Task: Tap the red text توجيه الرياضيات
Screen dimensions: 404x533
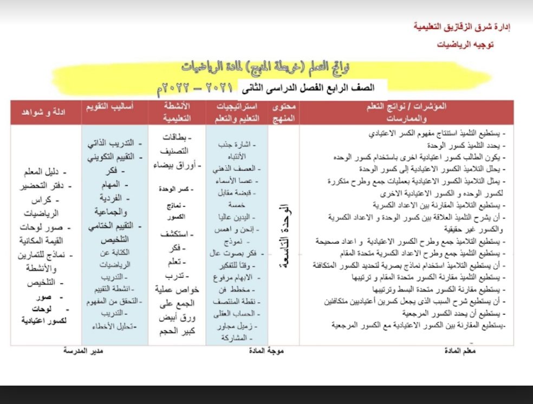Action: point(465,45)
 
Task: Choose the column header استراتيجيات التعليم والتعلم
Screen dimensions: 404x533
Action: point(236,112)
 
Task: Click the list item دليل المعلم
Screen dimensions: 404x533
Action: point(41,172)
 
